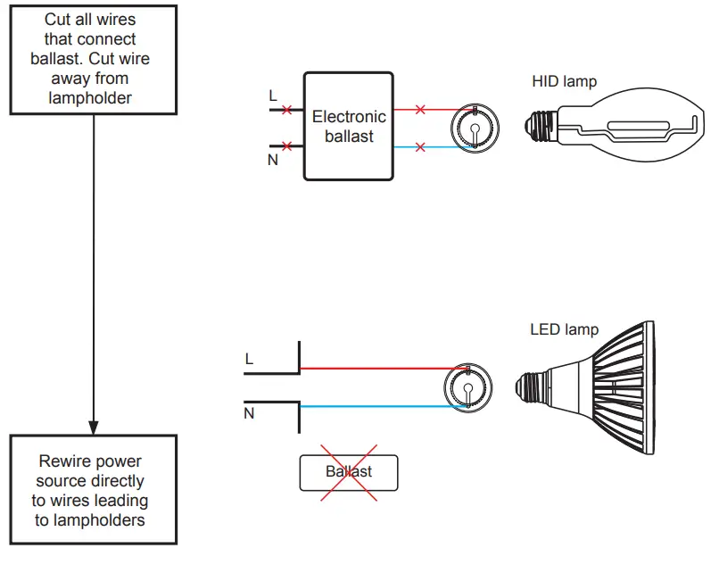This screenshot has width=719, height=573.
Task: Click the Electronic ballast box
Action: click(349, 126)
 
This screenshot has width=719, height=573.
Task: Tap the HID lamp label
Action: click(564, 82)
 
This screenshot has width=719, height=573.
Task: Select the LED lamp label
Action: click(564, 329)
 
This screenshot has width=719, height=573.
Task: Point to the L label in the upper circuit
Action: click(272, 94)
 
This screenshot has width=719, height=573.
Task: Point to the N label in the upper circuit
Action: click(272, 162)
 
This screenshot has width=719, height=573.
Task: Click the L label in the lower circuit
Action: click(249, 359)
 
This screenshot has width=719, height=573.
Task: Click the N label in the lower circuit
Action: click(249, 414)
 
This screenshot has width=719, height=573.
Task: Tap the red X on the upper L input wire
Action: click(286, 111)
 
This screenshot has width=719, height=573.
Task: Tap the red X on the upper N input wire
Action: click(286, 145)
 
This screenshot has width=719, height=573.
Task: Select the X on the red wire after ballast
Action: click(420, 110)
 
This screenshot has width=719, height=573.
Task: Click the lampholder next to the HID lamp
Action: click(472, 129)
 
